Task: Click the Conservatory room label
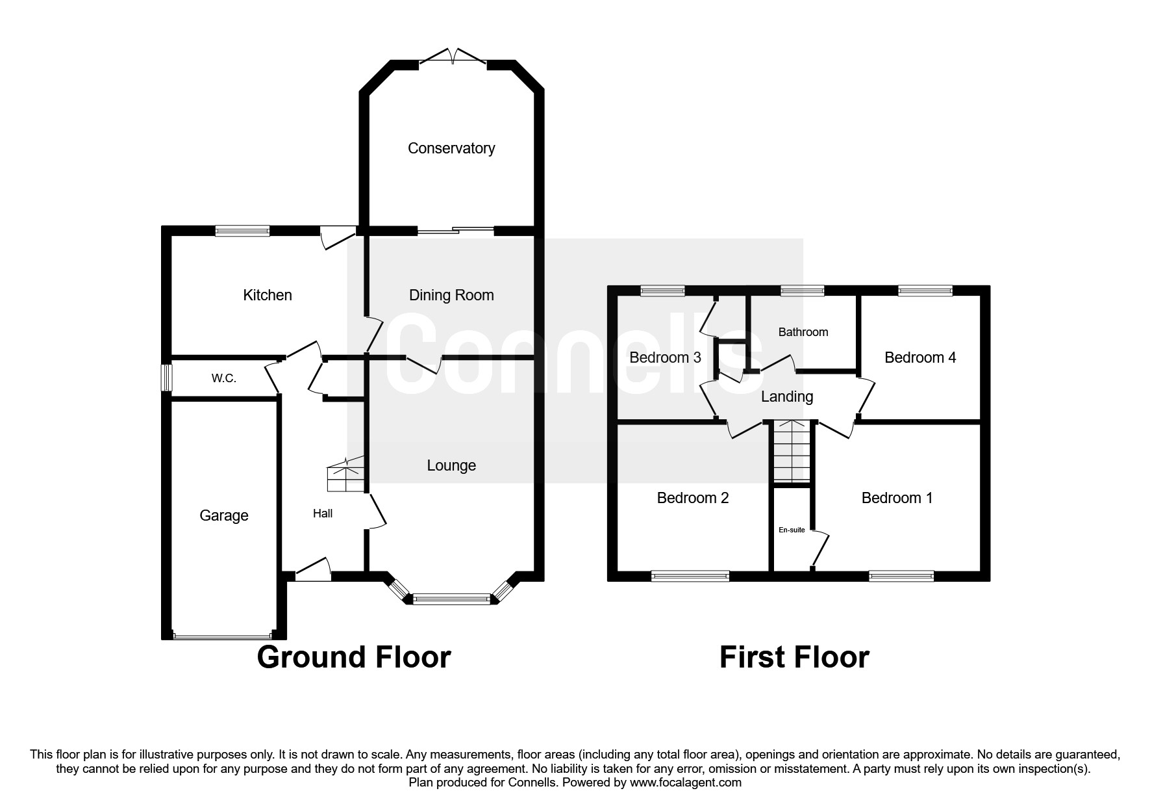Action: coord(451,148)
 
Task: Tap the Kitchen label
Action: coord(268,295)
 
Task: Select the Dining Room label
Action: coord(451,296)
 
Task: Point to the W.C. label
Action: coord(224,378)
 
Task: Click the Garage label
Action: coord(224,516)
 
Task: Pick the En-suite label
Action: coord(792,530)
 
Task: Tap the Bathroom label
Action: coord(803,332)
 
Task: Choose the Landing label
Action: coord(787,396)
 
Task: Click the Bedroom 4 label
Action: coord(920,357)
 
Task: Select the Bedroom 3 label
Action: coord(665,357)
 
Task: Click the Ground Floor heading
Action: coord(354,657)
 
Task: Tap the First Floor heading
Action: coord(794,657)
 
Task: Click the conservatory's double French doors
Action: coord(453,58)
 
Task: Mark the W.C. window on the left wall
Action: coord(167,378)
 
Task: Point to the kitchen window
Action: coord(242,230)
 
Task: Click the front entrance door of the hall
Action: coord(313,570)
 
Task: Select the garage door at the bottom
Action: coord(223,636)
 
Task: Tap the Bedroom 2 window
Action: coord(690,576)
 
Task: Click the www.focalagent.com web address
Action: coord(686,783)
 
